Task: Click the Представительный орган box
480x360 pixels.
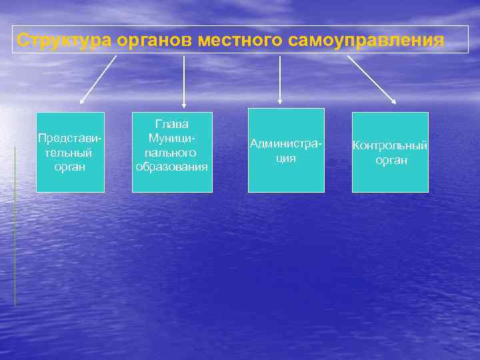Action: (70, 152)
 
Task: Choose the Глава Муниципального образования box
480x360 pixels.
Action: (172, 152)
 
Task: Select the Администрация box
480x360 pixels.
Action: (286, 150)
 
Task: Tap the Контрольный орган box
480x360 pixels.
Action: (390, 152)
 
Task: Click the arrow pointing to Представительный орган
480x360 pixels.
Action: (97, 80)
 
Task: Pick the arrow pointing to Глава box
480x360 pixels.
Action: (184, 81)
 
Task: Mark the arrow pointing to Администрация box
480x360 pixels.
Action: (280, 80)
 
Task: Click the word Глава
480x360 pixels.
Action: (172, 124)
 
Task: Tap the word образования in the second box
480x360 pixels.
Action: (172, 166)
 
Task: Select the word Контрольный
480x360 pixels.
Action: (390, 145)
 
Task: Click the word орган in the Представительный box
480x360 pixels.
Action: (70, 166)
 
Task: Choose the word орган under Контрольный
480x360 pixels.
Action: (391, 160)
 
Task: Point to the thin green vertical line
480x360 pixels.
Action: (15, 227)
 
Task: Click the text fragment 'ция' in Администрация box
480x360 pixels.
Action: (286, 159)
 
